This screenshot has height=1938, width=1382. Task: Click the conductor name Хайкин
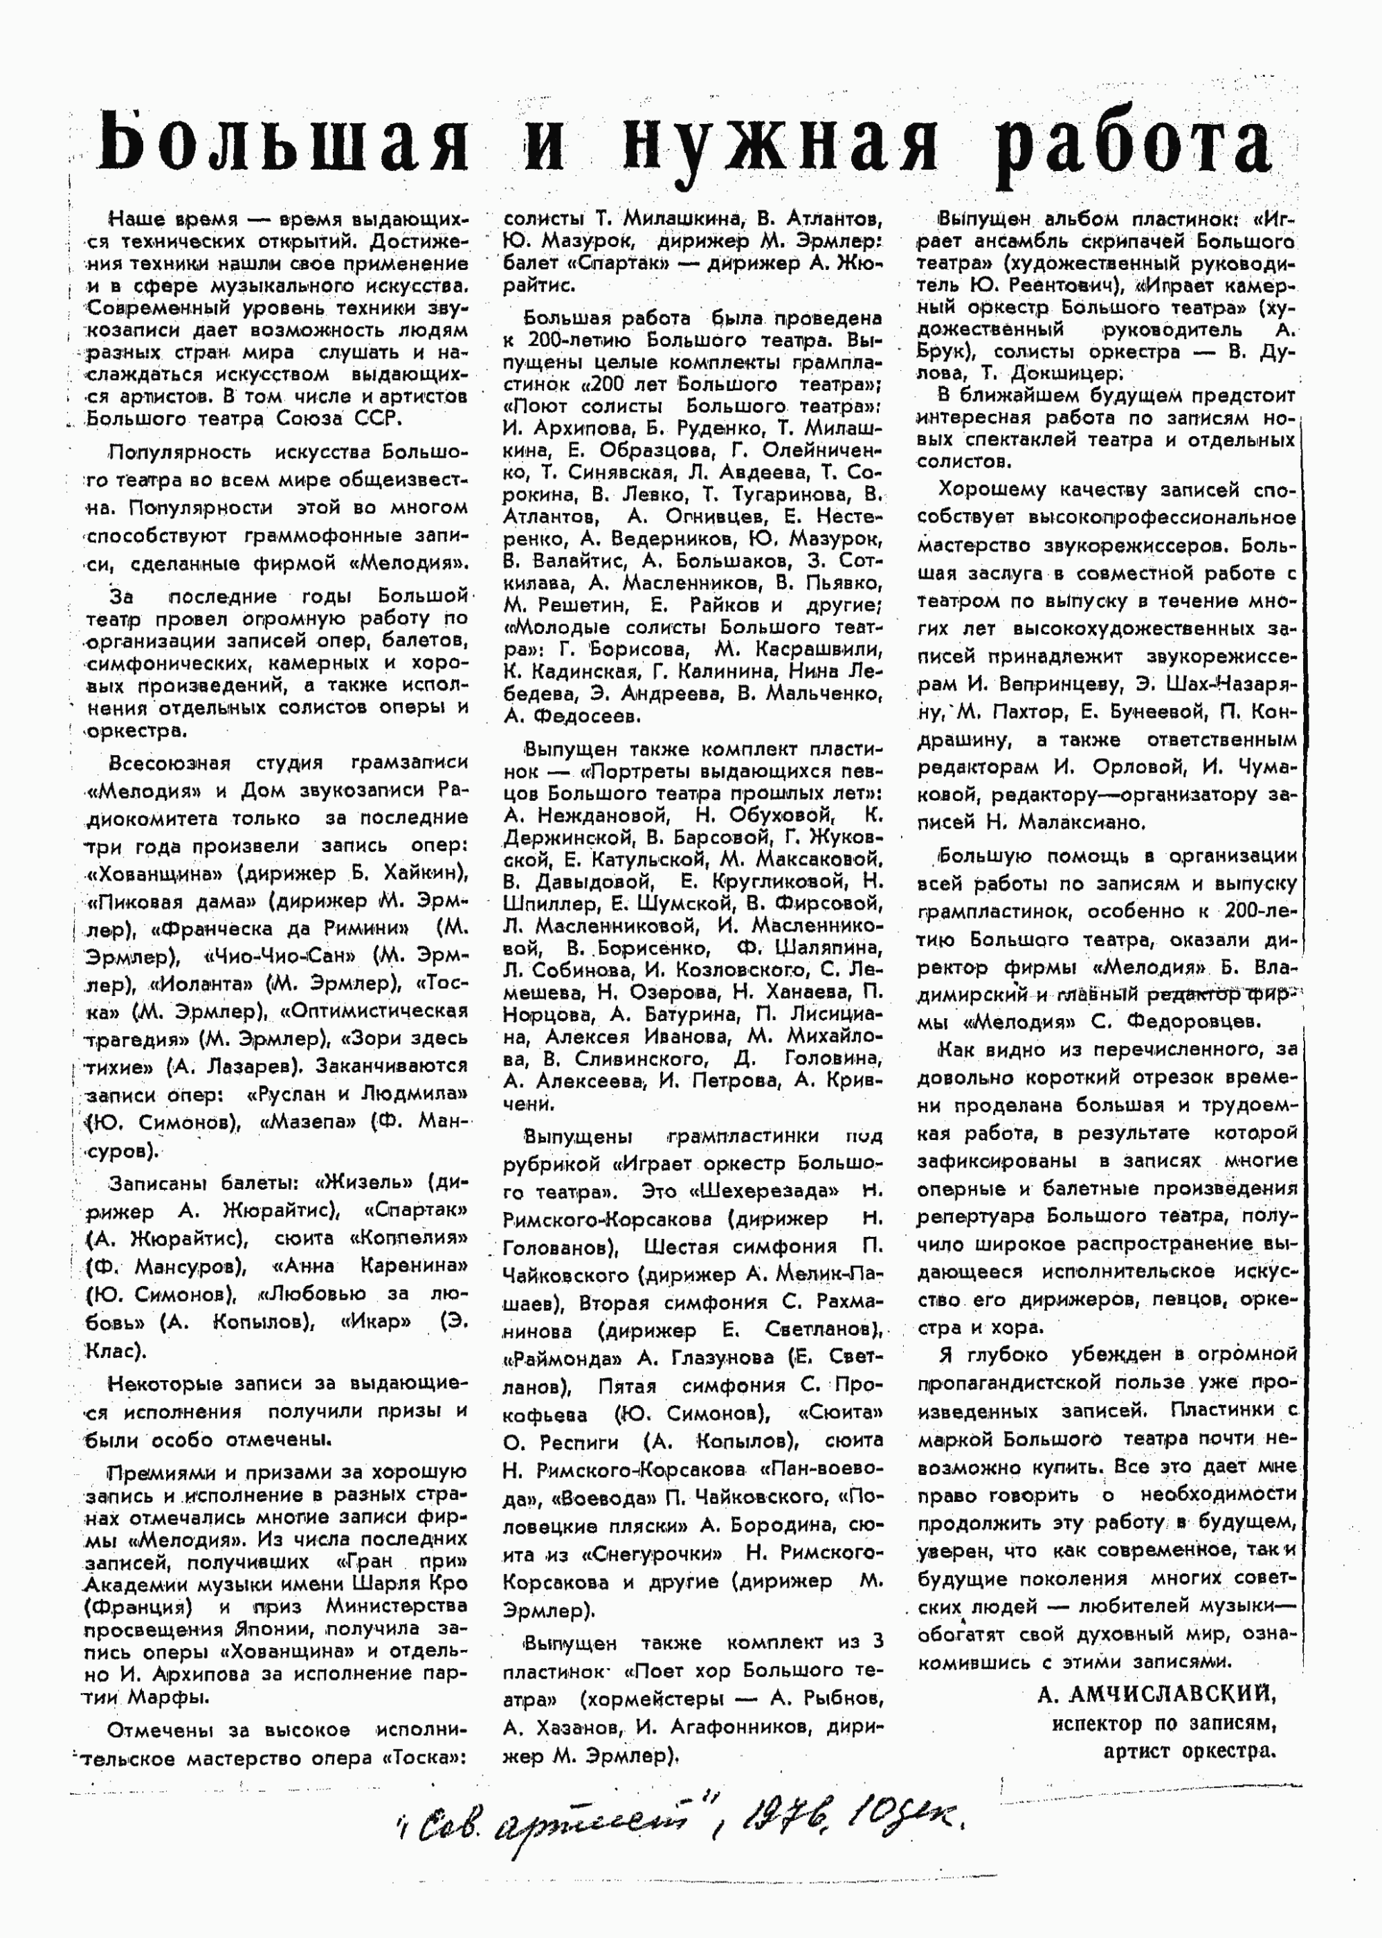422,873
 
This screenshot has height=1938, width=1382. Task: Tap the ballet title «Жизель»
367,1182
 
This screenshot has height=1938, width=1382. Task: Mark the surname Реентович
1052,285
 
